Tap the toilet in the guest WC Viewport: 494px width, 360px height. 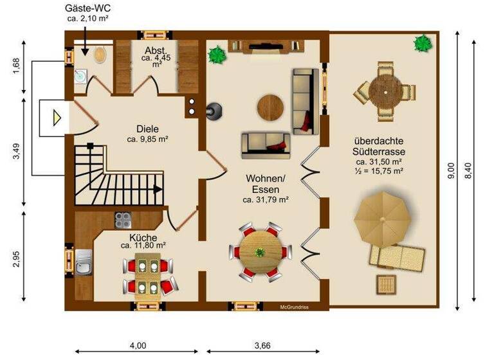(x=100, y=54)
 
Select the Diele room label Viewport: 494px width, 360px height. (x=147, y=127)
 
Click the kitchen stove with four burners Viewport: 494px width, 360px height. (x=123, y=220)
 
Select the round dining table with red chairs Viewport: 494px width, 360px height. (x=260, y=251)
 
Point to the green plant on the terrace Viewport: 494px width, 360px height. (x=423, y=44)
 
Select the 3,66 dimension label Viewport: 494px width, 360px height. (x=261, y=345)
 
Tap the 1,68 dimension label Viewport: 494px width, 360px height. (x=17, y=66)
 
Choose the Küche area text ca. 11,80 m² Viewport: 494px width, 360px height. (x=143, y=246)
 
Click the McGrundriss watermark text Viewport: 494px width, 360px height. (x=294, y=307)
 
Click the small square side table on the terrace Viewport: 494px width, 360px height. (x=386, y=283)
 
